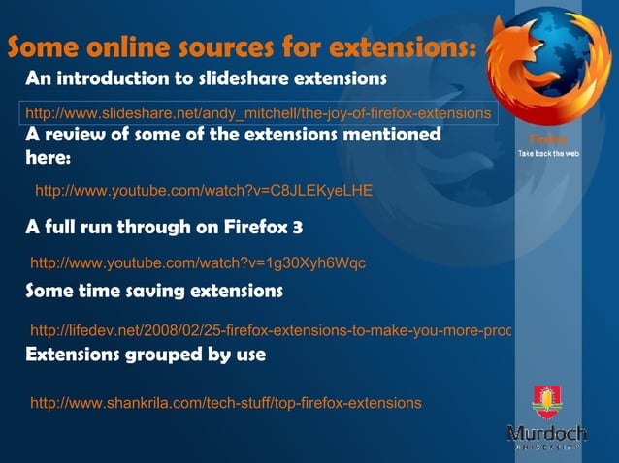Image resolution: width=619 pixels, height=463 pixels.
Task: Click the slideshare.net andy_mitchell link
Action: coord(257,113)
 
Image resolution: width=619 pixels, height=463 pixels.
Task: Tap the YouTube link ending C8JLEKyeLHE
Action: coord(204,190)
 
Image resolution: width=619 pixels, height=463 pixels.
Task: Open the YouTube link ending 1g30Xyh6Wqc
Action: coord(198,262)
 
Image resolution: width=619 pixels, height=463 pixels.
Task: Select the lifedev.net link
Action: coord(271,330)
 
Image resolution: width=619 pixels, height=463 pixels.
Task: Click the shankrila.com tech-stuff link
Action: coord(226,402)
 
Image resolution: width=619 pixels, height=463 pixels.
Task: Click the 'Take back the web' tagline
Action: coord(548,154)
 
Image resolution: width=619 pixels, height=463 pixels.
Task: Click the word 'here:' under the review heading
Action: coord(49,157)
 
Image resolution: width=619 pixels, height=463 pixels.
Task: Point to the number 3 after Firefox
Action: coord(298,229)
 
